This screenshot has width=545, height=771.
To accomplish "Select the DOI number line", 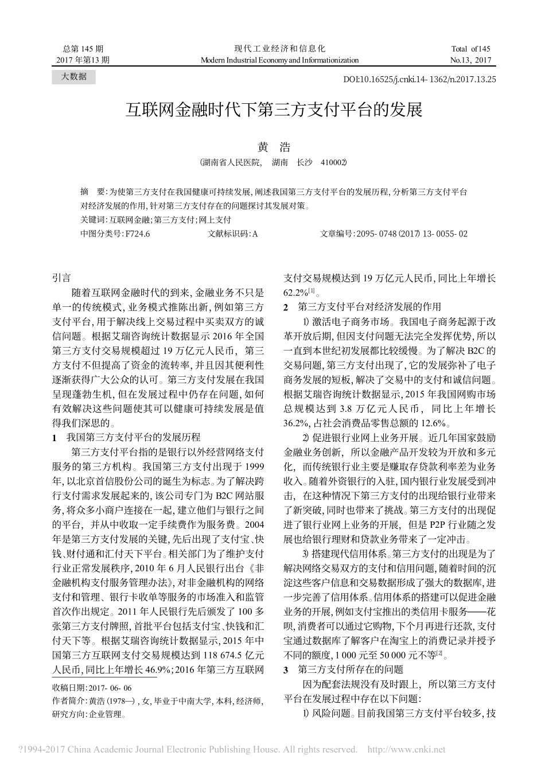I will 419,80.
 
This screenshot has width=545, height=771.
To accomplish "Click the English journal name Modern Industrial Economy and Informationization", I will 279,60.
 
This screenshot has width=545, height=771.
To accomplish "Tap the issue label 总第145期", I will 84,49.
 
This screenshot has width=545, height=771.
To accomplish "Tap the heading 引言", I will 62,277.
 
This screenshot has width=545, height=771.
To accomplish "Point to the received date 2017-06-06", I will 111,687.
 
